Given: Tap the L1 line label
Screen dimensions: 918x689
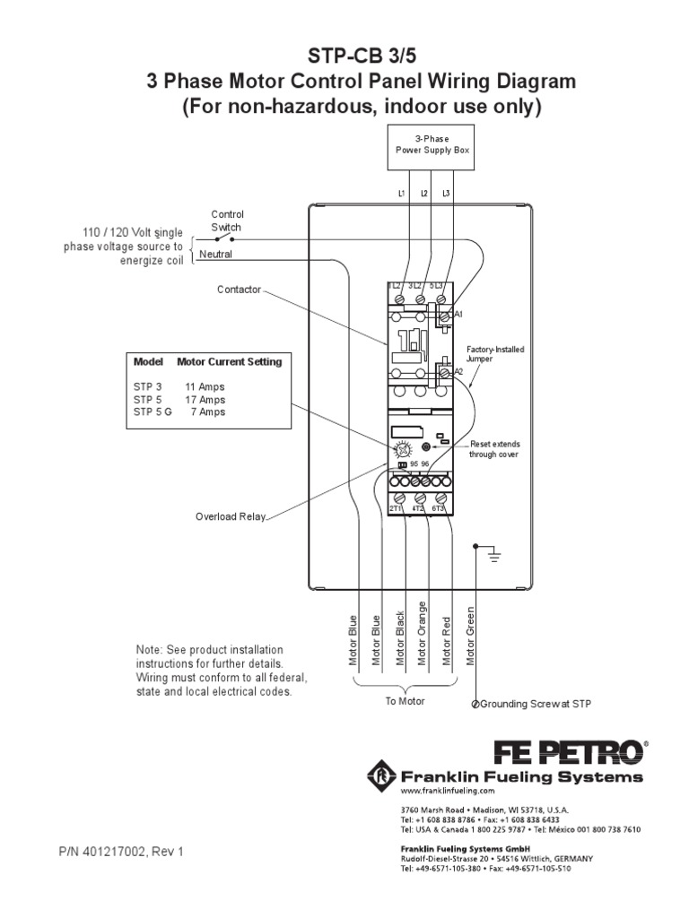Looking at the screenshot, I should [x=401, y=193].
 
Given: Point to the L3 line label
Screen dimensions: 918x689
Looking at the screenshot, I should [x=446, y=193].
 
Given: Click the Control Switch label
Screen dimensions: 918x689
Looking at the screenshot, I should [x=227, y=221].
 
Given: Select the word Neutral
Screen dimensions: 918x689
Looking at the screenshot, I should [x=215, y=254].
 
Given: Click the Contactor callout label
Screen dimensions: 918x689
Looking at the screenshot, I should [x=239, y=290].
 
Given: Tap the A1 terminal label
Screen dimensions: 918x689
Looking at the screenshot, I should [x=458, y=315].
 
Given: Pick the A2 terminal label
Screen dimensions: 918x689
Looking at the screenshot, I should [x=458, y=370].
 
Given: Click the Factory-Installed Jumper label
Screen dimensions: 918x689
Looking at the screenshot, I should [x=495, y=353].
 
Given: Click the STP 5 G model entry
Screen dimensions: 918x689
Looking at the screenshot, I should [x=153, y=412].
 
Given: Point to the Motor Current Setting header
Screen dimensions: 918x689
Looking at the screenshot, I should [x=229, y=362].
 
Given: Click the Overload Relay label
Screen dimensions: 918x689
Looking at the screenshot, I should [x=231, y=516].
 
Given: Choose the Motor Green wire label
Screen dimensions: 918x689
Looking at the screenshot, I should [x=470, y=637].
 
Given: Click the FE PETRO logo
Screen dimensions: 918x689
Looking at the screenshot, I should [x=567, y=749].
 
